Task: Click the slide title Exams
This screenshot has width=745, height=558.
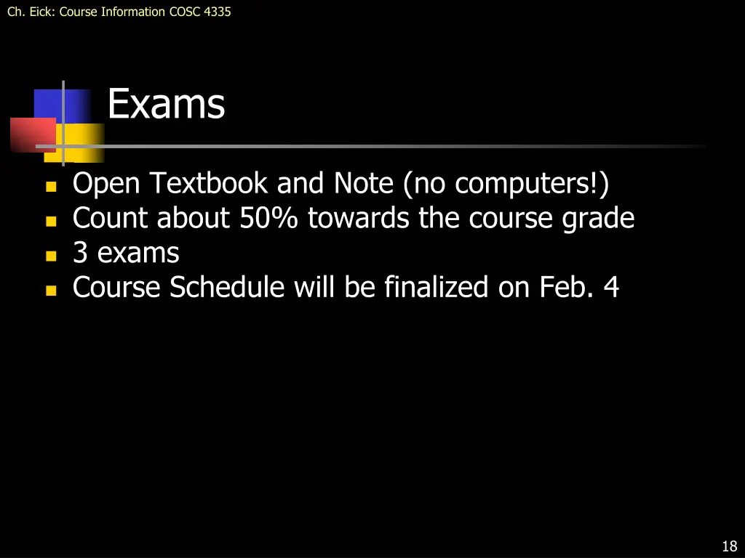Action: [x=166, y=104]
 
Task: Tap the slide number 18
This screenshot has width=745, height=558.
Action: [x=729, y=546]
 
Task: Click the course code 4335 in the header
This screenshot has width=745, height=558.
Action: [x=218, y=12]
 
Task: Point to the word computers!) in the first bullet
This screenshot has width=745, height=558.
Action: [x=532, y=183]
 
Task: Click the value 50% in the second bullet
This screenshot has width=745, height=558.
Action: [x=268, y=218]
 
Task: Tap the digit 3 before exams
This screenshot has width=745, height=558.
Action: [x=80, y=253]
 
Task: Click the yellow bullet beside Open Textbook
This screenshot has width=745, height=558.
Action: [x=51, y=186]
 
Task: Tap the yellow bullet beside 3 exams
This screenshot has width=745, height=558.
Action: [x=51, y=256]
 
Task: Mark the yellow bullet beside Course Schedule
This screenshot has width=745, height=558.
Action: [x=51, y=291]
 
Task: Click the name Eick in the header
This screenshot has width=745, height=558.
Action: [x=39, y=12]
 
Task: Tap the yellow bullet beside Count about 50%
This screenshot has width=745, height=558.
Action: [x=51, y=221]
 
